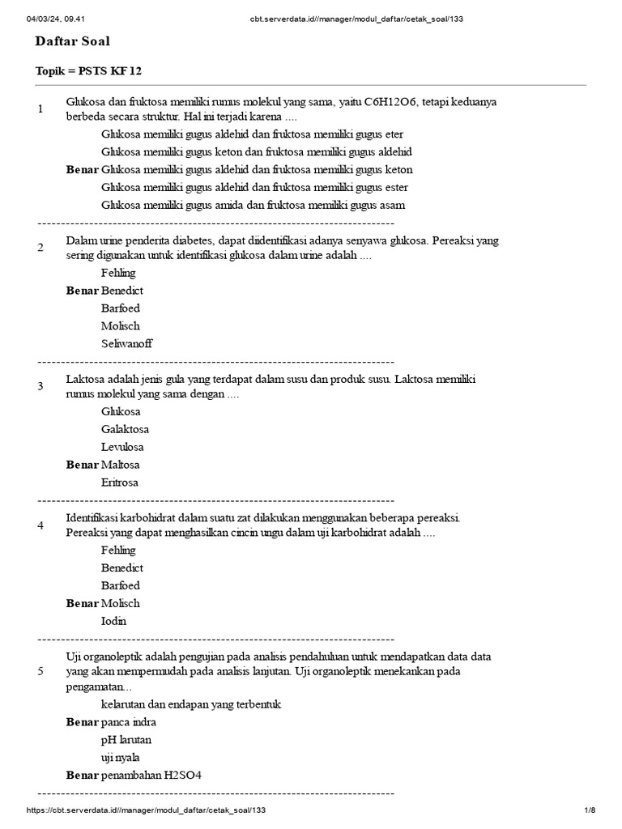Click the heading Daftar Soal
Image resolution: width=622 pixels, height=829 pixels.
[x=73, y=41]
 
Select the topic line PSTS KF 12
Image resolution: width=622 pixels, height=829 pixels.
[x=88, y=71]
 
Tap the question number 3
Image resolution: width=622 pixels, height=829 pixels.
[x=40, y=385]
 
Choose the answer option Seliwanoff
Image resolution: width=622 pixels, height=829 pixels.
[x=126, y=343]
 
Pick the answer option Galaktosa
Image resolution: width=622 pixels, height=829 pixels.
[x=125, y=429]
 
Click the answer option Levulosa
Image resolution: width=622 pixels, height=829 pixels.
[x=122, y=447]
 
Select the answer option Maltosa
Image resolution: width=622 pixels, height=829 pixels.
[x=121, y=465]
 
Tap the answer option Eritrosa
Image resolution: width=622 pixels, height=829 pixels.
[x=120, y=483]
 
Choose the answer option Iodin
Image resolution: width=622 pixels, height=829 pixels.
[x=114, y=621]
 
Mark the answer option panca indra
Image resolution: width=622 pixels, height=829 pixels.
[x=129, y=722]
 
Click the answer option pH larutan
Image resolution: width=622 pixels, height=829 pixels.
[x=126, y=740]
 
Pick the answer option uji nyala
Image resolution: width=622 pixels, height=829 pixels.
[x=121, y=758]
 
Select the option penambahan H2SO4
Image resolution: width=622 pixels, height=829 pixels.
[x=151, y=776]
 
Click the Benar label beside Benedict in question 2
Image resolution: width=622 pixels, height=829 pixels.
[x=83, y=291]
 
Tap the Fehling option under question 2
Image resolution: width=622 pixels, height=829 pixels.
[x=118, y=273]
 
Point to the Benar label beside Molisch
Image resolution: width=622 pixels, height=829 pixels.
[x=83, y=603]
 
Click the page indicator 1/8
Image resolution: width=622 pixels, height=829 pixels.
[x=590, y=810]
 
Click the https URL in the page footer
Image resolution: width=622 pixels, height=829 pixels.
[x=146, y=810]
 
